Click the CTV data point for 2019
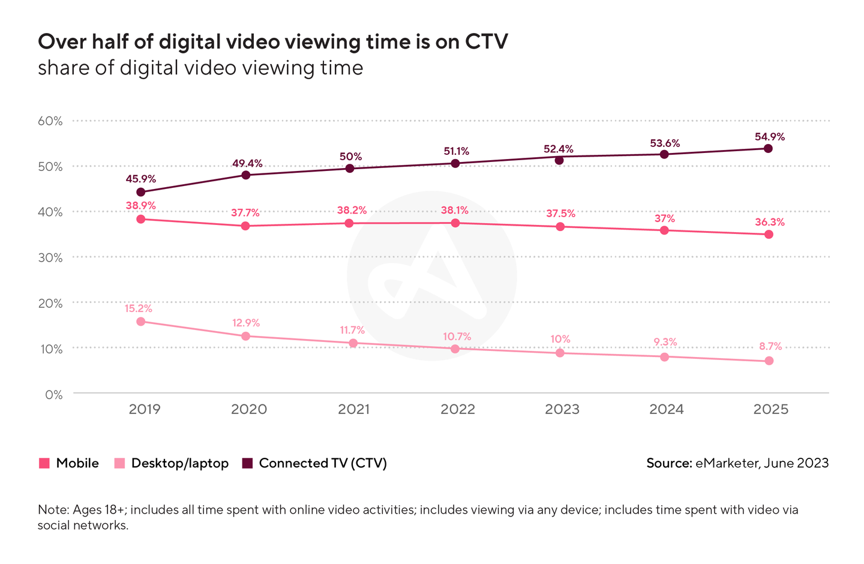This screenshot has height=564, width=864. pyautogui.click(x=141, y=192)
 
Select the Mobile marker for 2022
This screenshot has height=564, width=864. pyautogui.click(x=455, y=223)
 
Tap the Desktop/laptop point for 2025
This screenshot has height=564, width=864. pyautogui.click(x=769, y=361)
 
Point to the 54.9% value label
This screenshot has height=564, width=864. pyautogui.click(x=770, y=137)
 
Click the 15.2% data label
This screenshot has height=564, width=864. pyautogui.click(x=139, y=308)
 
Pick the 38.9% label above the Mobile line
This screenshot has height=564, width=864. pyautogui.click(x=141, y=205)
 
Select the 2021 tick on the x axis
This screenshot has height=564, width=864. pyautogui.click(x=353, y=409)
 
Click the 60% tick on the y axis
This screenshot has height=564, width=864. pyautogui.click(x=50, y=121)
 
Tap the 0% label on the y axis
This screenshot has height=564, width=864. pyautogui.click(x=53, y=394)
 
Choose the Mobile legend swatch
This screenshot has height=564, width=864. pyautogui.click(x=44, y=463)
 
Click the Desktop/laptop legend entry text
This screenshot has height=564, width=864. pyautogui.click(x=180, y=463)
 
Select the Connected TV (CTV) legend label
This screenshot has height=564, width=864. pyautogui.click(x=323, y=463)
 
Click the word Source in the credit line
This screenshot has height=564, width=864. pyautogui.click(x=669, y=463)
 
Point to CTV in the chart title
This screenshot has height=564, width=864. pyautogui.click(x=486, y=42)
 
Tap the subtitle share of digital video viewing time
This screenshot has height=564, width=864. pyautogui.click(x=200, y=68)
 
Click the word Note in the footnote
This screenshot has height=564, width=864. pyautogui.click(x=52, y=510)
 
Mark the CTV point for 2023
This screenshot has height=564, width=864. pyautogui.click(x=559, y=160)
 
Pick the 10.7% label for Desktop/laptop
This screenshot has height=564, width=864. pyautogui.click(x=456, y=337)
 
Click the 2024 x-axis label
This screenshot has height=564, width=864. pyautogui.click(x=667, y=409)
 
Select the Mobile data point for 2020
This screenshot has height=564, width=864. pyautogui.click(x=245, y=226)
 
